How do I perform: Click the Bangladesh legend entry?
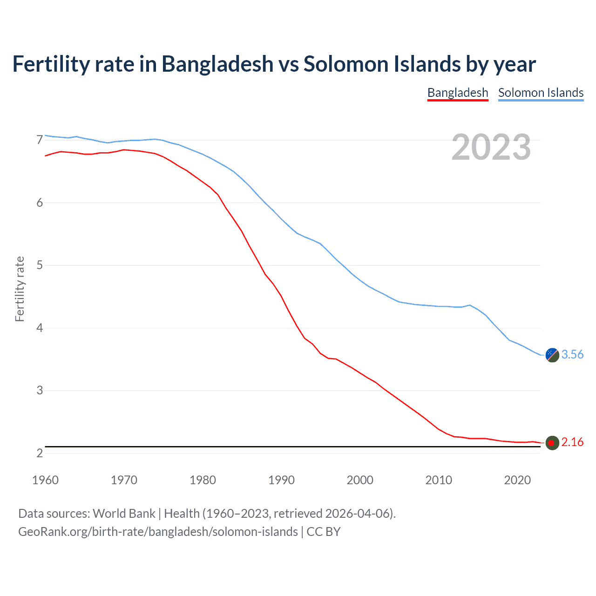coord(458,93)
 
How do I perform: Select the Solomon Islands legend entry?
coord(541,93)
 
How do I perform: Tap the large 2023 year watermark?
coord(491,147)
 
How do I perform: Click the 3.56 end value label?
coord(572,354)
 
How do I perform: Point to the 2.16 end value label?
coord(572,442)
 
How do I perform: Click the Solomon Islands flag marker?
coord(552,355)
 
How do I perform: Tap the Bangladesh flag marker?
coord(552,443)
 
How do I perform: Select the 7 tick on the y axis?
coord(40,140)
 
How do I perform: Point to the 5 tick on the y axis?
coord(40,265)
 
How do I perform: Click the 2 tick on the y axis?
coord(40,453)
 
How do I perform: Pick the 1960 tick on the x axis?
coord(45,480)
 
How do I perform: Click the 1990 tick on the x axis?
coord(281,480)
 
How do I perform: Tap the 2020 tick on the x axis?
coord(517,480)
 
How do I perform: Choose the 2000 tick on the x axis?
coord(360,480)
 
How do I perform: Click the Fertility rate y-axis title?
coord(20,289)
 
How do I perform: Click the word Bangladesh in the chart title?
coord(217,64)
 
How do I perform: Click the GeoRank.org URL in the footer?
coord(158,531)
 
